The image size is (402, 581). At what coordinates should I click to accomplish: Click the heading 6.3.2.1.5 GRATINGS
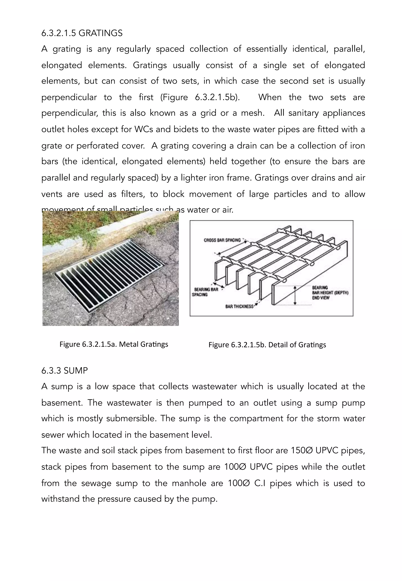[82, 33]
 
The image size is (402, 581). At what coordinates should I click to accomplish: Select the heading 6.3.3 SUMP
[65, 371]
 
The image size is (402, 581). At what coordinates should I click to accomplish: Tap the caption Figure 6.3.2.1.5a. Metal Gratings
[114, 344]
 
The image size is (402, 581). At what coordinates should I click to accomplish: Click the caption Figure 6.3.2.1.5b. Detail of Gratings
[267, 345]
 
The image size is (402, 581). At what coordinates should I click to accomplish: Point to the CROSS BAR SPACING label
[222, 240]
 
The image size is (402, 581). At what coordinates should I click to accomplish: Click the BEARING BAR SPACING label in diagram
[206, 292]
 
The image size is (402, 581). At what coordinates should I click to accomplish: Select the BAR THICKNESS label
[239, 306]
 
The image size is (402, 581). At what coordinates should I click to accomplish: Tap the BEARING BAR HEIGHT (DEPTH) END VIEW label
[330, 293]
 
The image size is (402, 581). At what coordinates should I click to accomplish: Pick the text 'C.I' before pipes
[260, 483]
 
